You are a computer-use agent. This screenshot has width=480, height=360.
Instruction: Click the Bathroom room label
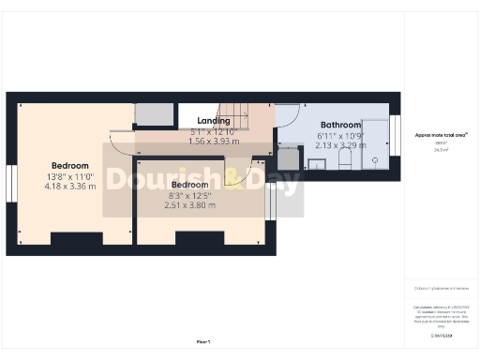340,125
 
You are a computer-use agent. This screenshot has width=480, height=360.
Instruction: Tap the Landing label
215,120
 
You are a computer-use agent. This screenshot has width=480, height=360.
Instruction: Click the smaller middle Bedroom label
189,186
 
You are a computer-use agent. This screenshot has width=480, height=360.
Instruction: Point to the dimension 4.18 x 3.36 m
70,186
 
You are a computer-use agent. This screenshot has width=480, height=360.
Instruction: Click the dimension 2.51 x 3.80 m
189,205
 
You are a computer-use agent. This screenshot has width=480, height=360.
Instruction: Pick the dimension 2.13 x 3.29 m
340,145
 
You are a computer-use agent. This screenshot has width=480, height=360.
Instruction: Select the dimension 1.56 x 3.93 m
215,141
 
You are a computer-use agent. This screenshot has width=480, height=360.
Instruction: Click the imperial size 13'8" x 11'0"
70,175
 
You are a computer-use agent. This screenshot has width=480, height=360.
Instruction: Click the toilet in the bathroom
344,161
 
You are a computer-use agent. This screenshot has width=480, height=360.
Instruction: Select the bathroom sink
317,162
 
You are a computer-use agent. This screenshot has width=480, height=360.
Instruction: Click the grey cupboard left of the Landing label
155,114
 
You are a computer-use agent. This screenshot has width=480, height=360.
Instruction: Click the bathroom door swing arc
287,120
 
